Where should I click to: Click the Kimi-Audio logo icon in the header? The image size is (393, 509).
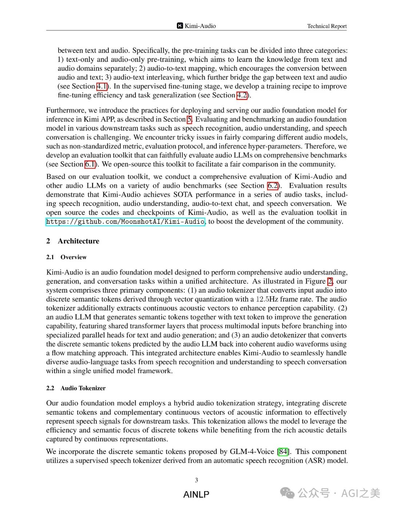pyautogui.click(x=180, y=26)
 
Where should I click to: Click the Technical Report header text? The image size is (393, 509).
pyautogui.click(x=327, y=26)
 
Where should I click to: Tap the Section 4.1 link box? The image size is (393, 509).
pyautogui.click(x=102, y=86)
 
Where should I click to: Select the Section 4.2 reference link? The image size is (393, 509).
pyautogui.click(x=242, y=95)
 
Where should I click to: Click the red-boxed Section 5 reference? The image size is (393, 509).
pyautogui.click(x=189, y=120)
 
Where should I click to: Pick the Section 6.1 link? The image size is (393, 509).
pyautogui.click(x=90, y=164)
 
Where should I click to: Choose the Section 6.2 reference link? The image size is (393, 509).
pyautogui.click(x=273, y=185)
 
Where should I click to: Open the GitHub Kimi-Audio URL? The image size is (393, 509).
pyautogui.click(x=125, y=222)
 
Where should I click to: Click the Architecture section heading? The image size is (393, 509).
pyautogui.click(x=78, y=241)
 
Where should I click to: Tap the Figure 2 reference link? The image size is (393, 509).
pyautogui.click(x=330, y=281)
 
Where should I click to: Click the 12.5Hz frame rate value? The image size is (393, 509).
pyautogui.click(x=267, y=299)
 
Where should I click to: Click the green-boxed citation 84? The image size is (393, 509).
pyautogui.click(x=283, y=452)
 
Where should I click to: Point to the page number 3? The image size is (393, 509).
pyautogui.click(x=196, y=480)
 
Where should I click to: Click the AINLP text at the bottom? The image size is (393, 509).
pyautogui.click(x=196, y=494)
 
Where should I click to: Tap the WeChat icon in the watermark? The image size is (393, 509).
pyautogui.click(x=287, y=493)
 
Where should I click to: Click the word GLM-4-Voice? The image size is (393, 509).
pyautogui.click(x=252, y=452)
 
